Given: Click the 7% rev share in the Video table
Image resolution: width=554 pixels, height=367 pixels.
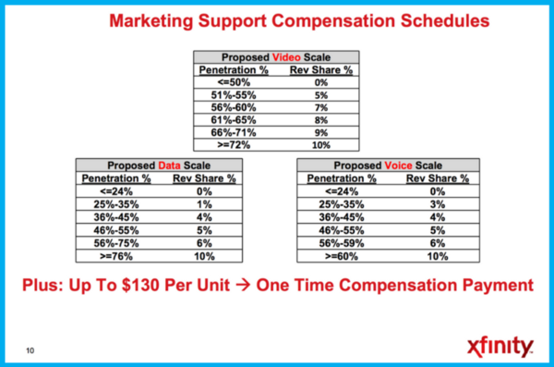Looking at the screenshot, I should pyautogui.click(x=321, y=106).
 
